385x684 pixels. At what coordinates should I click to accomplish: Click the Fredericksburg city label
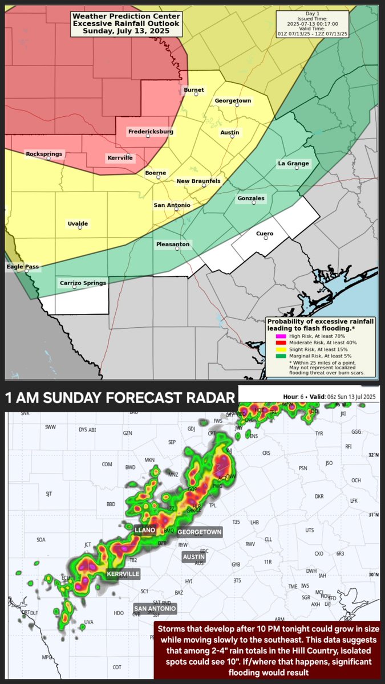coord(151,132)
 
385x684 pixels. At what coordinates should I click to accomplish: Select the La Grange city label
coord(293,164)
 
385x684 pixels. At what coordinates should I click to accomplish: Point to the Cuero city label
coord(265,233)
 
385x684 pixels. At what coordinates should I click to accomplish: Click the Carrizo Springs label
coord(83,283)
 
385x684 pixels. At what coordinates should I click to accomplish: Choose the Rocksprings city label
coord(44,154)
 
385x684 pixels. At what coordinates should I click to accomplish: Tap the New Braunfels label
coord(198,181)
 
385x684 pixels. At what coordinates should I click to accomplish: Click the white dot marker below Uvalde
coord(79,229)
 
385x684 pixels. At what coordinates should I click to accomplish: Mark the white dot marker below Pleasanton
coord(176,249)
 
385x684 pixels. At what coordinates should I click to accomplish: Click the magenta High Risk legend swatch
coord(280,336)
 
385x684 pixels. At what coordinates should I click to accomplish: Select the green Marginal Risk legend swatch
coord(280,356)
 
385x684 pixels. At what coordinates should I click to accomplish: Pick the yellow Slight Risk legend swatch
coord(280,349)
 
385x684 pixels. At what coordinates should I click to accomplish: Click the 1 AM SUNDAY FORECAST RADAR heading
coord(120,397)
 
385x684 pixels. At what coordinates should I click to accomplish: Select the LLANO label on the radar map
coord(144,530)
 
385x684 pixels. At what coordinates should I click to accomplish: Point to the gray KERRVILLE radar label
coord(123,574)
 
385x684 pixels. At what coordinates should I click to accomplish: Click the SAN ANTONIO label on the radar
coord(155,609)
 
